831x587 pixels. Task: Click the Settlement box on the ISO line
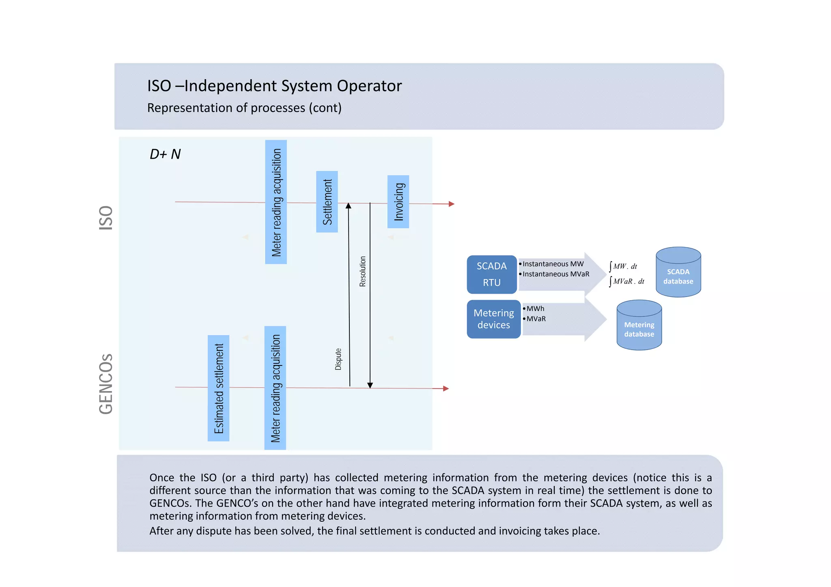coord(327,202)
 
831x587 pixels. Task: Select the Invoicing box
coord(398,202)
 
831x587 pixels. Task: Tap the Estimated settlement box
coord(218,388)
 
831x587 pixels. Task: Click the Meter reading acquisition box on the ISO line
coord(276,202)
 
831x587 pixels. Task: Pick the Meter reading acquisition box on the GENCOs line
coord(275,388)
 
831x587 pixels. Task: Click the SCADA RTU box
coord(491,274)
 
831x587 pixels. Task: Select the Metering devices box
coord(493,319)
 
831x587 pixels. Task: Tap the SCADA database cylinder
coord(678,273)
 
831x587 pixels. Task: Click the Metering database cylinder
coord(639,325)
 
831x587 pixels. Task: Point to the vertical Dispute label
coord(338,359)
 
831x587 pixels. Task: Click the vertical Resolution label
coord(362,271)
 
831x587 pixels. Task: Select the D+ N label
coord(165,154)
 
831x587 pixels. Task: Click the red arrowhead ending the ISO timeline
coord(451,204)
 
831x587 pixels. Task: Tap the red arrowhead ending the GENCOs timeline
coord(446,389)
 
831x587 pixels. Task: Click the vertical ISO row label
coord(106,218)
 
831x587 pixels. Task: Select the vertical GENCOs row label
coord(106,384)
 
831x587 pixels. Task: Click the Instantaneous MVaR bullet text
coord(555,274)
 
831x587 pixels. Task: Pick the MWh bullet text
coord(535,309)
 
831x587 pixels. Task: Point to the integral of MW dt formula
coord(623,267)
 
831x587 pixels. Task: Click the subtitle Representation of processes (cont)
coord(244,108)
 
